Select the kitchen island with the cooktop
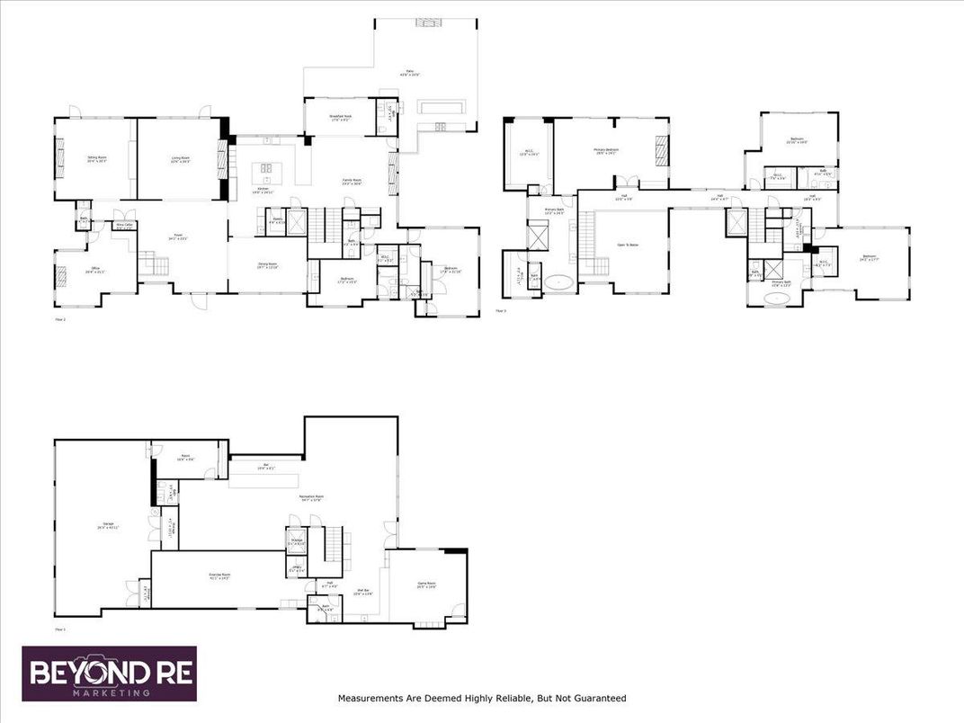point(267,168)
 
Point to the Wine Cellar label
point(124,226)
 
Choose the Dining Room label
point(267,266)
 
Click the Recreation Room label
point(312,497)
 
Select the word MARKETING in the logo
point(111,693)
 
